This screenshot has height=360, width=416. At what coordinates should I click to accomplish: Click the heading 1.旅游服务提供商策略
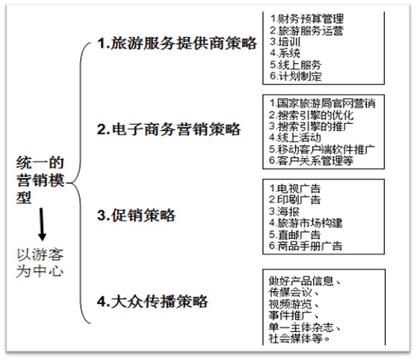[177, 43]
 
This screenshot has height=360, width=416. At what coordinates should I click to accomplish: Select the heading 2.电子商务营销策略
[169, 129]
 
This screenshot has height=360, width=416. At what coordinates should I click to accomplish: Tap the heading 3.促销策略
[136, 215]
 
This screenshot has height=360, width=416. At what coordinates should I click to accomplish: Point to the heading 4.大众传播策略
[153, 301]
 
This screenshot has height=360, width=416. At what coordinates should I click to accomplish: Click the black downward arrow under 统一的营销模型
[42, 225]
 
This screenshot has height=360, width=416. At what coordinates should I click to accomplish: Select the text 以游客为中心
[40, 263]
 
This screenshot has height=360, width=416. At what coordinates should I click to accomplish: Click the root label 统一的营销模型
[40, 180]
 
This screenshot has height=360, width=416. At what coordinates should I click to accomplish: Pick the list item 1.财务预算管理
[306, 19]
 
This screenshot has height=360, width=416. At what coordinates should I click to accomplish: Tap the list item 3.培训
[285, 42]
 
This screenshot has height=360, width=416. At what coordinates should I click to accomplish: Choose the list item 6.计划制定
[296, 76]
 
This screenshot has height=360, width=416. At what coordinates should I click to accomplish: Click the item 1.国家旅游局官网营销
[322, 103]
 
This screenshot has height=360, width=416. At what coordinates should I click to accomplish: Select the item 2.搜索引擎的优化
[311, 115]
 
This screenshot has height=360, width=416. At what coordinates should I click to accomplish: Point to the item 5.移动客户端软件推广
[321, 149]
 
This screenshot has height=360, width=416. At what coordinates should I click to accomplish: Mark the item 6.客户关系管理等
[311, 161]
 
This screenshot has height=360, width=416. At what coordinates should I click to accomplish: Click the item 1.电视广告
[295, 188]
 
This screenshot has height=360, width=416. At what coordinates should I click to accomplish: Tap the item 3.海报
[284, 212]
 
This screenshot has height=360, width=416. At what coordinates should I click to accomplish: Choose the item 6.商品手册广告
[306, 246]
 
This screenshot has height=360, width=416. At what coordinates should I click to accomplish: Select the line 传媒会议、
[293, 293]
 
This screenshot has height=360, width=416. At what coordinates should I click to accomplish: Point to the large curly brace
[79, 183]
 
